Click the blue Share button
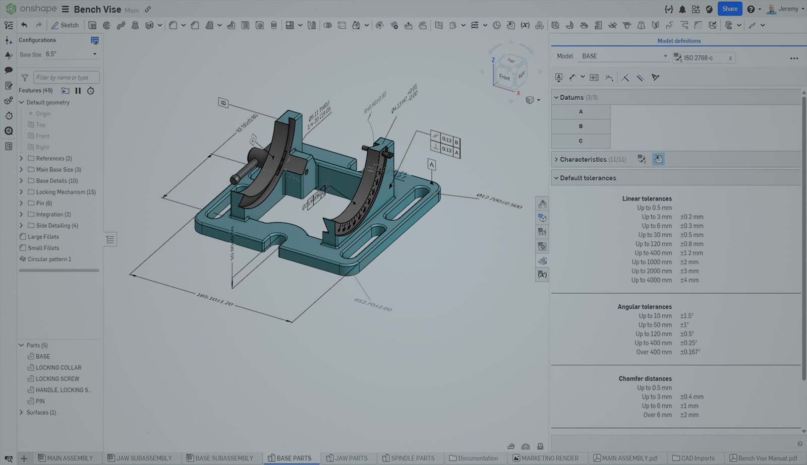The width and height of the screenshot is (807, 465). point(729,9)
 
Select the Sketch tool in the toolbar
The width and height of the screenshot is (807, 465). point(65,25)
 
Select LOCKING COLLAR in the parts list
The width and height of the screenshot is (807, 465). point(58,368)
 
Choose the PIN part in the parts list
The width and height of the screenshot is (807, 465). point(40,402)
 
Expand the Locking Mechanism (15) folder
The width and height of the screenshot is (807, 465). point(21,192)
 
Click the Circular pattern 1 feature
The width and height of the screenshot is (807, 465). point(49,259)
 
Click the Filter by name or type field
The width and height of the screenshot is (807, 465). point(66,78)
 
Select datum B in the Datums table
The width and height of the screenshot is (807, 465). point(581,126)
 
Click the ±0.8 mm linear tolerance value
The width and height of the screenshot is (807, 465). point(691,244)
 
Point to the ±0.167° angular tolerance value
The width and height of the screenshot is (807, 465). point(689,352)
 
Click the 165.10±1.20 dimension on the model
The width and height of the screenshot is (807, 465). point(215,300)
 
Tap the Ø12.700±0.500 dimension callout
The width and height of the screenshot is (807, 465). point(499,201)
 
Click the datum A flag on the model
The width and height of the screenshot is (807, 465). point(431,165)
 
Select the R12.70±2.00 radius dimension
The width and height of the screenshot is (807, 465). point(373,305)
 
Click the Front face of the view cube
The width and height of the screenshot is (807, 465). point(504,77)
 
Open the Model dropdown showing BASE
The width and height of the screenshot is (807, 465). point(623,56)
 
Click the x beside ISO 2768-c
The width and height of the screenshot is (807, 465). point(730,58)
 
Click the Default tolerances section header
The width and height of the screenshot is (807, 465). point(588,178)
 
